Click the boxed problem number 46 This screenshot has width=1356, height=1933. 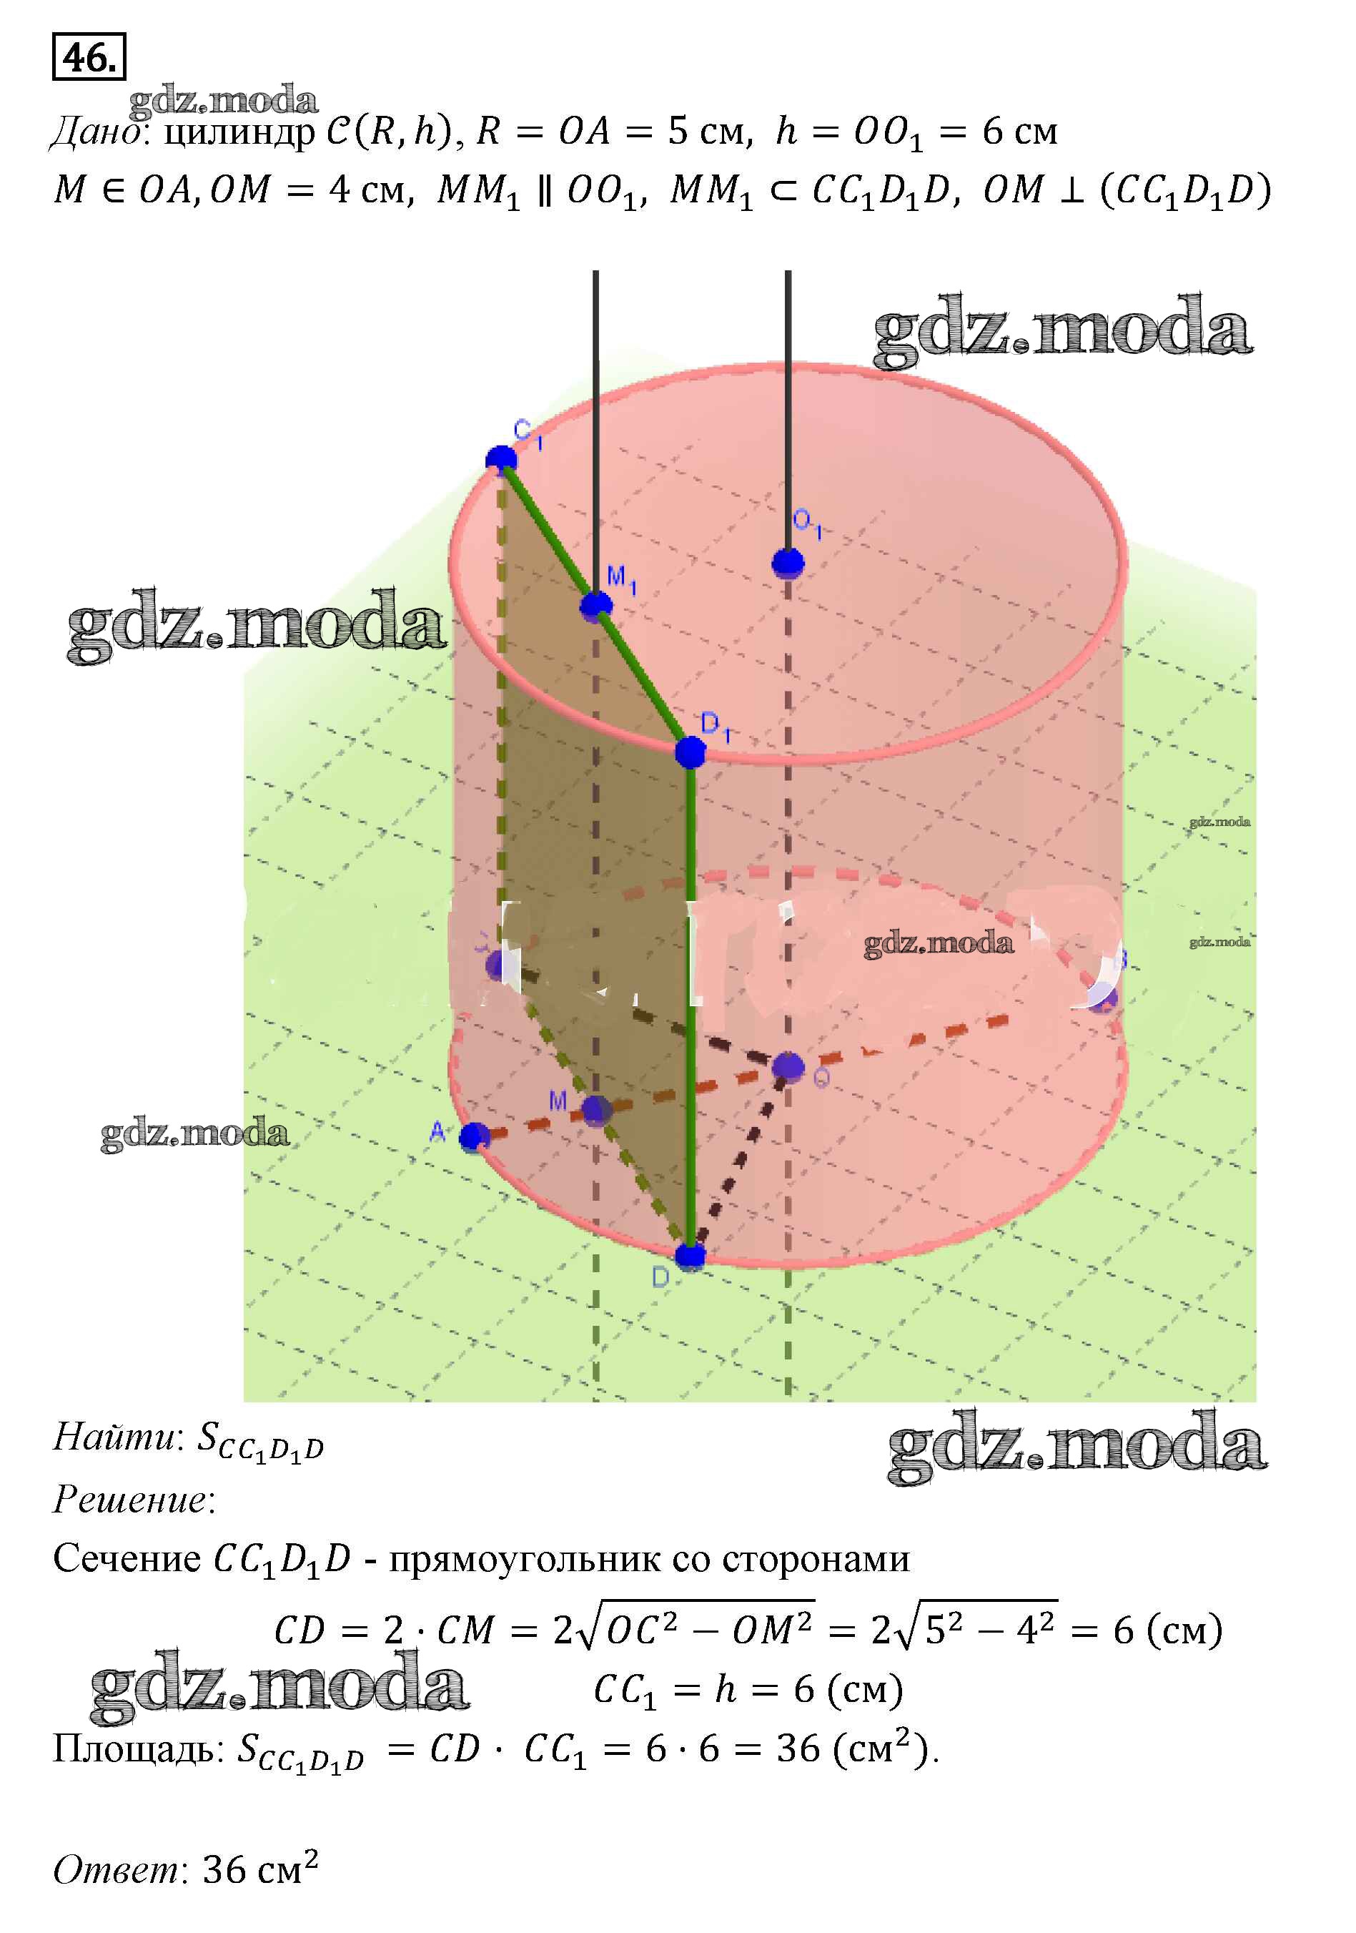click(89, 57)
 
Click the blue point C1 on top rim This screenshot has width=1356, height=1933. click(502, 460)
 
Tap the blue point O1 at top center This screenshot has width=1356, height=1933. click(788, 561)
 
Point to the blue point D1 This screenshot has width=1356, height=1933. click(691, 752)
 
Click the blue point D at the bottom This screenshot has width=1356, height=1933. click(691, 1257)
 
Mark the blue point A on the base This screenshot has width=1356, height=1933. click(474, 1137)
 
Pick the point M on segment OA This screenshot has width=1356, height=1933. click(596, 1111)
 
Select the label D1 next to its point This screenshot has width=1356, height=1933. click(714, 726)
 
